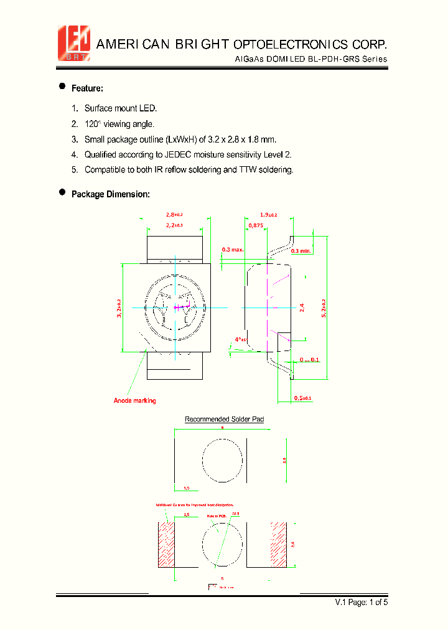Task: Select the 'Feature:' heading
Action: coord(87,88)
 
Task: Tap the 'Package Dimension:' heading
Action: coord(111,194)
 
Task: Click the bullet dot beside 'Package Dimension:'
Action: coord(62,193)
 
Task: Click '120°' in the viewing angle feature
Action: coord(93,124)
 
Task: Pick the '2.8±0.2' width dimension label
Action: coord(174,215)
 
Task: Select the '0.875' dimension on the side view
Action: coord(255,226)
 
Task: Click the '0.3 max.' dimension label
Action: coord(233,250)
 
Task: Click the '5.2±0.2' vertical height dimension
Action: coord(324,309)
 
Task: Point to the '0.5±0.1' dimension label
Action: coord(302,398)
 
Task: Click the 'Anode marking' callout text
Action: coord(134,400)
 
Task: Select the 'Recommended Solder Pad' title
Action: coord(224,420)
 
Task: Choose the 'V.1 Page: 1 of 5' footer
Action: coord(361,602)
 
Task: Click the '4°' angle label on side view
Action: coord(240,339)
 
